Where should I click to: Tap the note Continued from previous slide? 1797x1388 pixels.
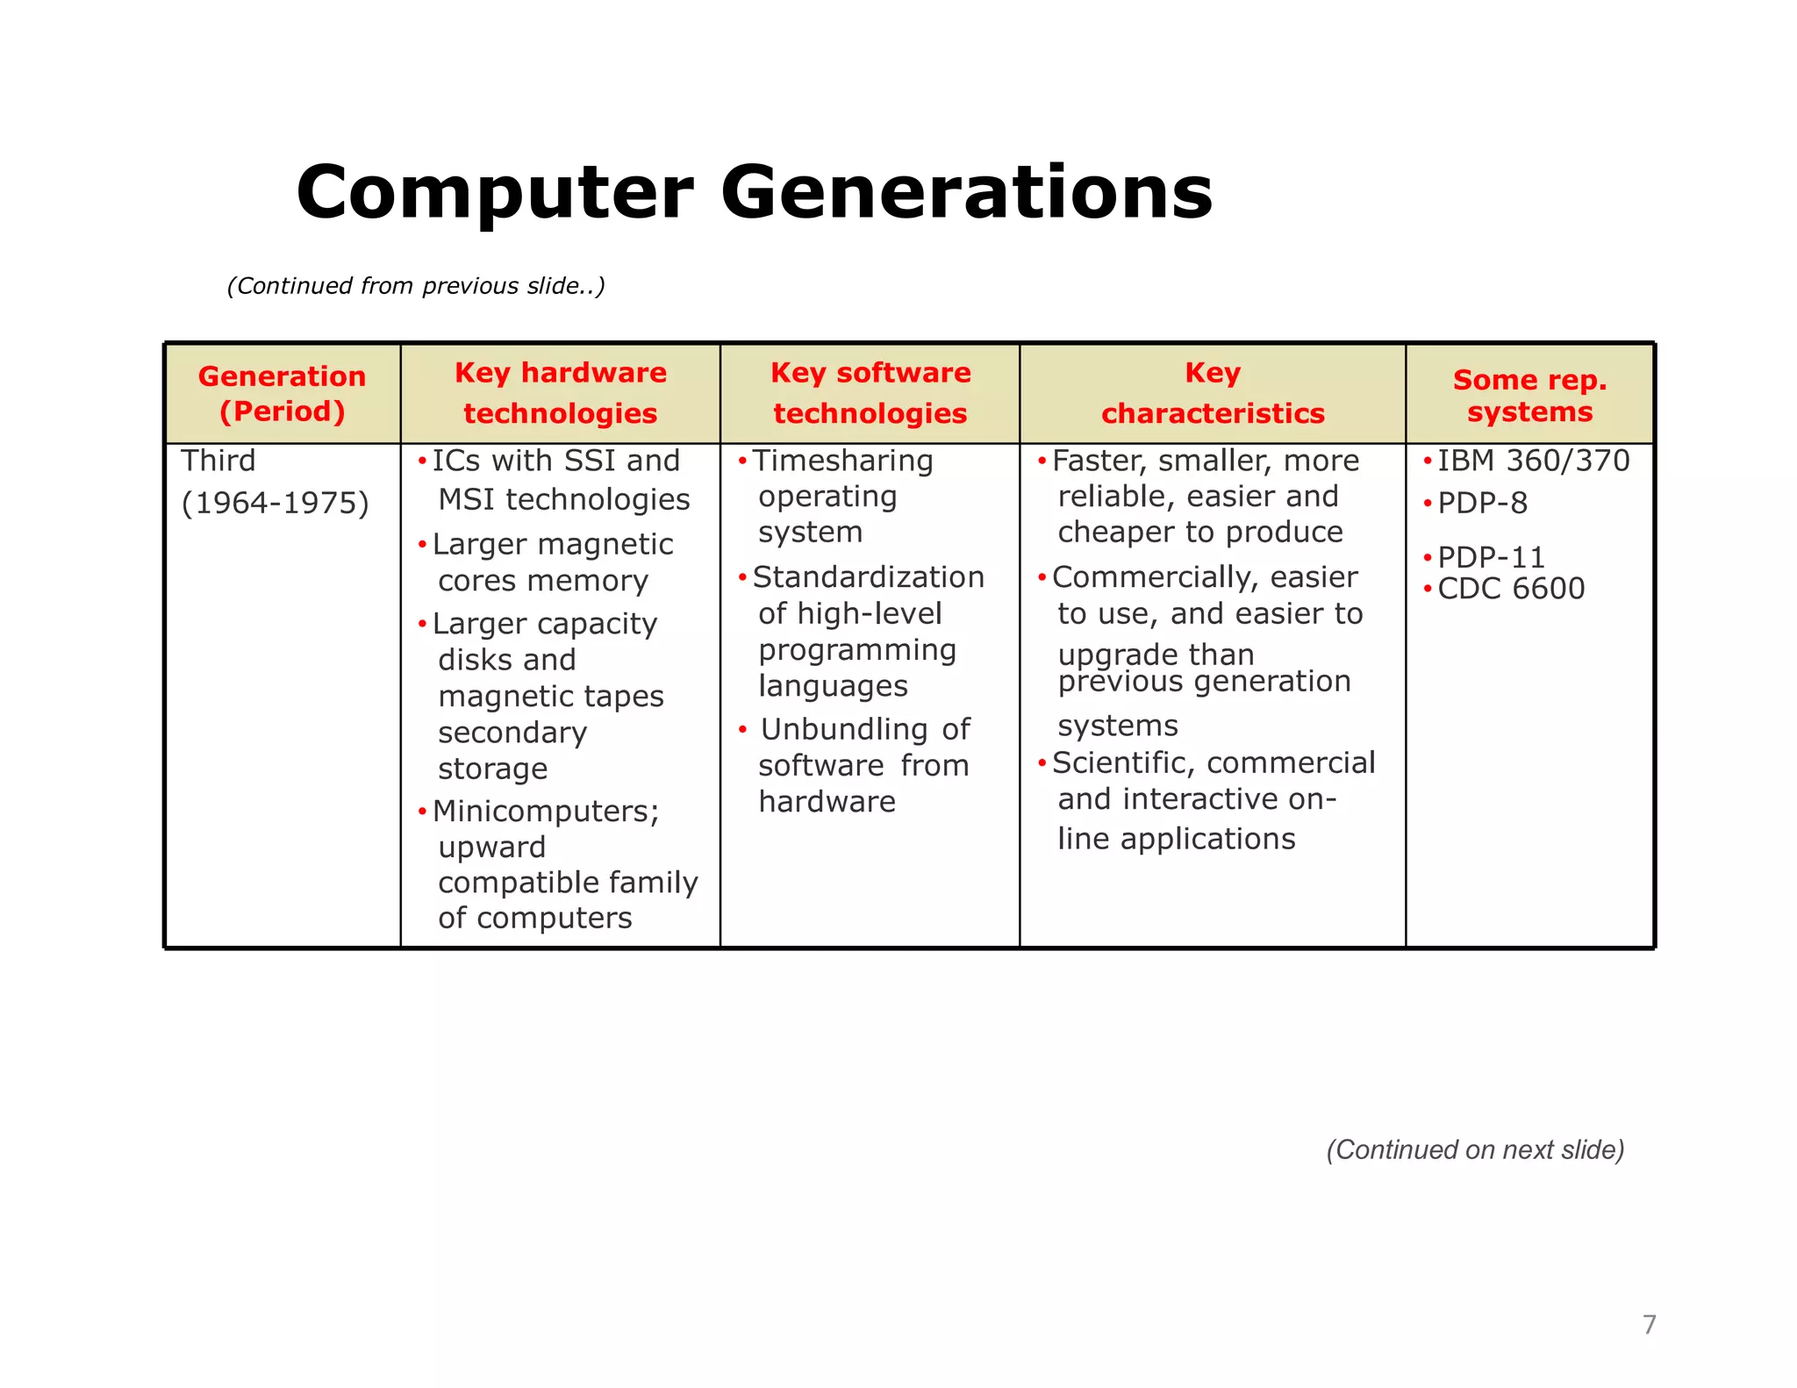pos(416,286)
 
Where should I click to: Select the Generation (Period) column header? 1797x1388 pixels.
pos(282,393)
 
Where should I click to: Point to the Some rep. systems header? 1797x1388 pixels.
pos(1529,395)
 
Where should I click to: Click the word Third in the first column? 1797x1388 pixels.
pos(218,461)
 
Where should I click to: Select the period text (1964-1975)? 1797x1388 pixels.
pos(275,503)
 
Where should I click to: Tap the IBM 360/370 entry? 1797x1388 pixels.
pos(1532,461)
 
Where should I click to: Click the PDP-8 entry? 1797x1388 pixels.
pos(1482,503)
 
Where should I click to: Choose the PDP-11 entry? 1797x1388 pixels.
pos(1490,557)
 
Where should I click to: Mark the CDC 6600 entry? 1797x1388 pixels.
pos(1510,589)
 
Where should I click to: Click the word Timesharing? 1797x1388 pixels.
pos(842,461)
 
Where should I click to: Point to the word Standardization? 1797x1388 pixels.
pos(868,577)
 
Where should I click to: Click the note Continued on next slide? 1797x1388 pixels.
pos(1475,1149)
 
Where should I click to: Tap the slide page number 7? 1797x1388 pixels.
pos(1649,1324)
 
